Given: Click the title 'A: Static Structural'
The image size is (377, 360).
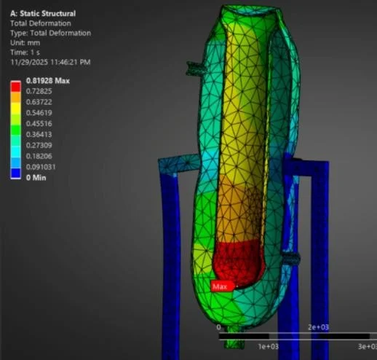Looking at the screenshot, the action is click(43, 14).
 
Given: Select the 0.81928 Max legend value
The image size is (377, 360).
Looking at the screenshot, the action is click(48, 81).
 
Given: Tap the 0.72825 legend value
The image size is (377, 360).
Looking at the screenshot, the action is click(39, 91).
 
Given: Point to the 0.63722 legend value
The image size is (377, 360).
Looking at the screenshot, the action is click(39, 102).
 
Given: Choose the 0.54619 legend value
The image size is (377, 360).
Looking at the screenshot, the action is click(39, 113).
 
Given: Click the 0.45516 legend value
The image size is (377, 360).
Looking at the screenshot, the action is click(39, 124).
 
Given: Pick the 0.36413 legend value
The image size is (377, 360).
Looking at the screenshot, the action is click(39, 135).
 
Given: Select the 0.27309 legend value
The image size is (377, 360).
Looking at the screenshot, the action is click(39, 146).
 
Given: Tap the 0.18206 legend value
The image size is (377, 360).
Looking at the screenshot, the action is click(39, 156).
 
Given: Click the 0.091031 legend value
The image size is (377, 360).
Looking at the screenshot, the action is click(41, 167).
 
